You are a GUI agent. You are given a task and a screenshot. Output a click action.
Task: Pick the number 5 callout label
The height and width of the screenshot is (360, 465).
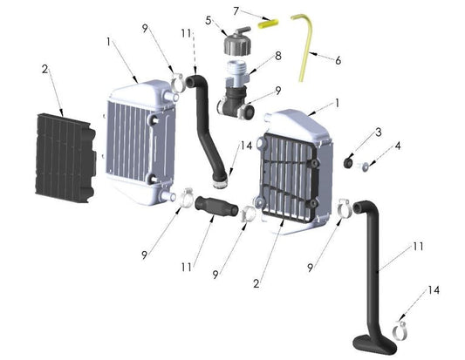point(209,19)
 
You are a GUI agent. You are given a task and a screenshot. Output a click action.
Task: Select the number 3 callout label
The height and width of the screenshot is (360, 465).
point(379,132)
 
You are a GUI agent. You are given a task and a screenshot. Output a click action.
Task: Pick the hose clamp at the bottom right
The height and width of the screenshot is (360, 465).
point(401,329)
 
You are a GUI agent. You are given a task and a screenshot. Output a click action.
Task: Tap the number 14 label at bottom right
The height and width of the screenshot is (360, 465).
point(434,290)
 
